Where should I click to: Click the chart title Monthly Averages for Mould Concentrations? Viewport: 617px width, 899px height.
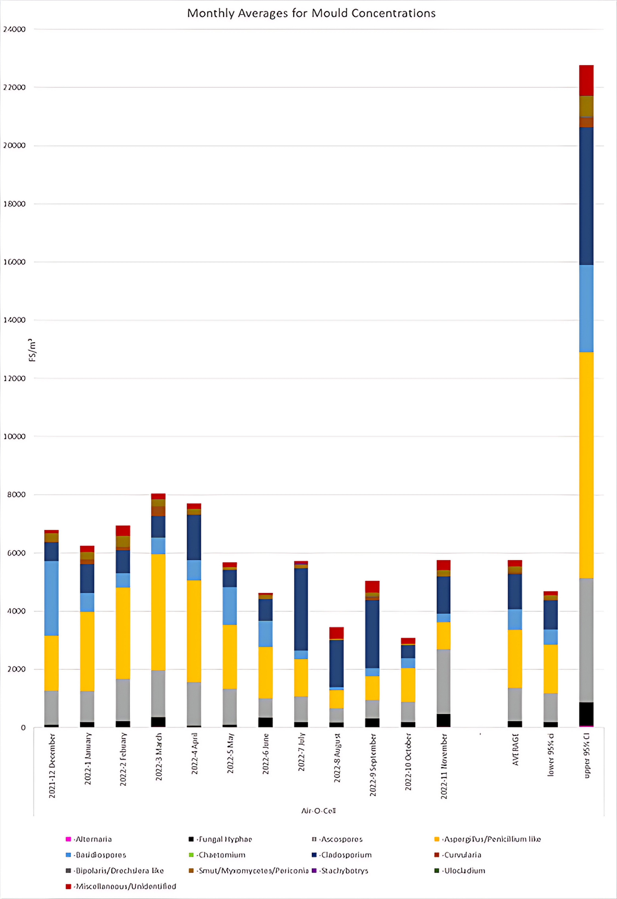[x=311, y=13]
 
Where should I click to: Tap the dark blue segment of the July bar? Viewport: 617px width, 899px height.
[x=301, y=609]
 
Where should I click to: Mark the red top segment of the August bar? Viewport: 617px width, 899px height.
[x=336, y=633]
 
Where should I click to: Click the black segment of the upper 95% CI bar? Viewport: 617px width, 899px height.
[x=586, y=714]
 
